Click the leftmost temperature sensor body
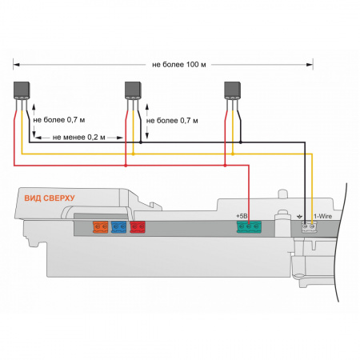(x=22, y=90)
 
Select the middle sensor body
(x=133, y=90)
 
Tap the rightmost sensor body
(x=232, y=90)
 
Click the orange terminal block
(x=101, y=226)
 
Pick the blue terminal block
(x=118, y=226)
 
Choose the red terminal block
(x=138, y=226)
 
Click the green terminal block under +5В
(x=249, y=226)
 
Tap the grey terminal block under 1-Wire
(x=309, y=227)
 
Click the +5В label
(x=242, y=216)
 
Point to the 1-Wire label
(x=323, y=216)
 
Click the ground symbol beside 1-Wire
(x=299, y=217)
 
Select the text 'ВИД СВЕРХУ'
(x=50, y=198)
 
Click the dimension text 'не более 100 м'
(x=179, y=65)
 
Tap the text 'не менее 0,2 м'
(x=79, y=138)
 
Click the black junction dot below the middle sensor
(x=141, y=142)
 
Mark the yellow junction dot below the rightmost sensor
(x=233, y=154)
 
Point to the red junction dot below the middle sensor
(x=126, y=166)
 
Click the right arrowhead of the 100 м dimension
(x=310, y=65)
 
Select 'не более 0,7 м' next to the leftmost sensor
(x=59, y=120)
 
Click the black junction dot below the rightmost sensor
(x=241, y=142)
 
